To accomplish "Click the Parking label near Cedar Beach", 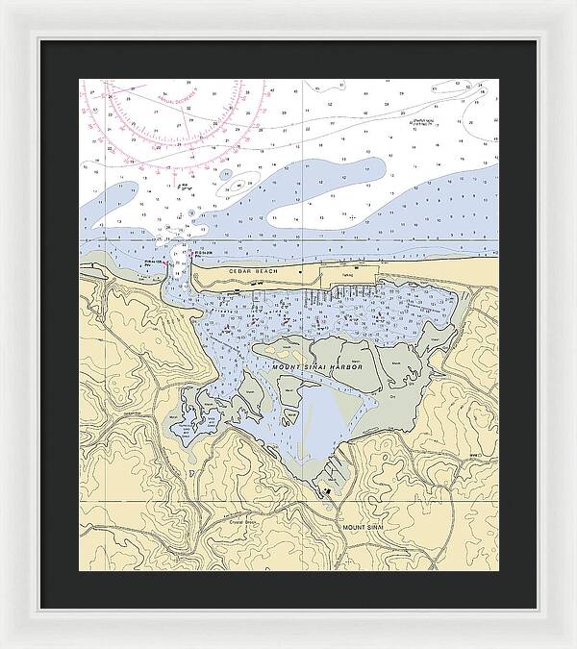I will point(347,275).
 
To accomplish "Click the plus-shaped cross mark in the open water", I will point(353,216).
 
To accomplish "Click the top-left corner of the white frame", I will point(3,3).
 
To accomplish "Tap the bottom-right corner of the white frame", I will point(573,645).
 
